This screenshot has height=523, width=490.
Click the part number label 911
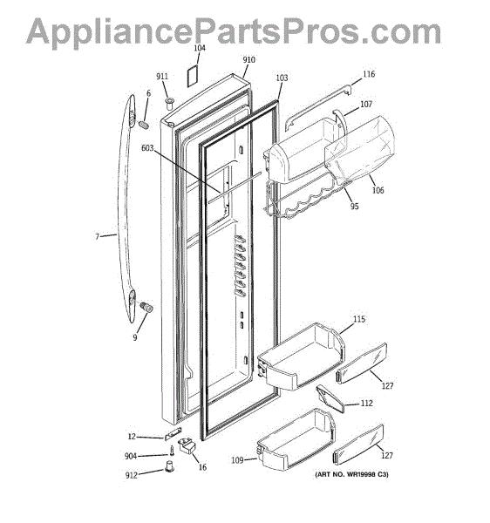tap(162, 77)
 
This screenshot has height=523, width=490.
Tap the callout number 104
tap(200, 48)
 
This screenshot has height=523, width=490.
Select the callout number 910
tap(248, 59)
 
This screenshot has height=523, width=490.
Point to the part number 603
tap(147, 147)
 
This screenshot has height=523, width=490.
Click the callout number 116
tap(369, 74)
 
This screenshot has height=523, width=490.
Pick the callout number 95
tap(354, 206)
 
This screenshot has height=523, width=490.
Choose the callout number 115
tap(359, 319)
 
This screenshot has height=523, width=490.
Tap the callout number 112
tap(366, 404)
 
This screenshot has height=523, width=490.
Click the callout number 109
tap(237, 460)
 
